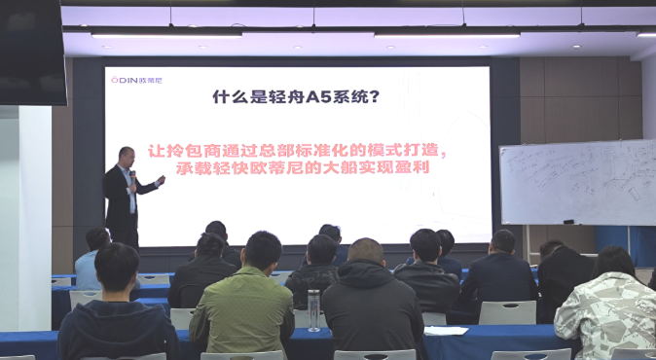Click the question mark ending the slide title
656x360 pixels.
click(x=375, y=97)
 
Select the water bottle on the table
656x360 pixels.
click(x=313, y=309)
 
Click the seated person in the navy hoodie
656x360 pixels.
click(x=117, y=311)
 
